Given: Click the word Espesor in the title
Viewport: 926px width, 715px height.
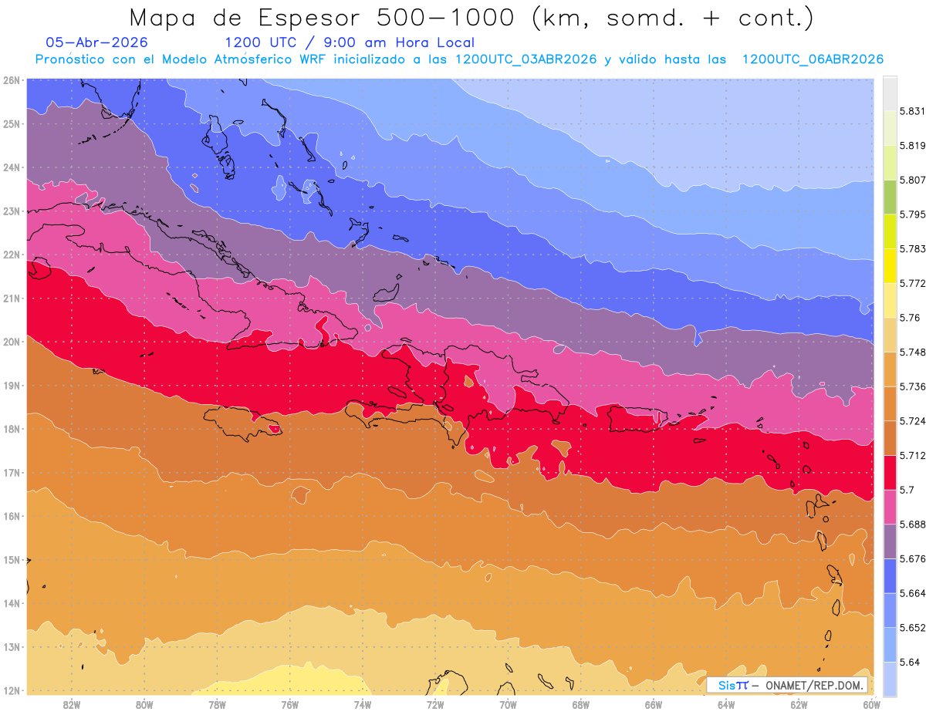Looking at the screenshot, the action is click(x=309, y=19).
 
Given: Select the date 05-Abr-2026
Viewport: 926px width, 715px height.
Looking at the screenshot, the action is click(x=96, y=42).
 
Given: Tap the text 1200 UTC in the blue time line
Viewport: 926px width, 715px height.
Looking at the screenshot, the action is click(x=260, y=42).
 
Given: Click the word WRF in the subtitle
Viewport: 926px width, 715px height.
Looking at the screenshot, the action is click(x=313, y=59).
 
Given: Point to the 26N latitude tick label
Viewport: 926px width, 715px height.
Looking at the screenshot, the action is click(x=11, y=80).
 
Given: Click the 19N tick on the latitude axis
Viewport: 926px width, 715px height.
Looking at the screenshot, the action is click(x=11, y=386).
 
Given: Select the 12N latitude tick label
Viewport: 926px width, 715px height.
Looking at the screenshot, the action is click(x=11, y=690).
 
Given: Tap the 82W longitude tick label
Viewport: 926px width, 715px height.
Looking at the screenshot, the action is click(x=72, y=705).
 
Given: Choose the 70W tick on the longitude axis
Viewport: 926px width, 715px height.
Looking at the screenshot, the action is click(x=508, y=705).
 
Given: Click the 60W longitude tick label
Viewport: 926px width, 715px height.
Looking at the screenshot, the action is click(x=871, y=705).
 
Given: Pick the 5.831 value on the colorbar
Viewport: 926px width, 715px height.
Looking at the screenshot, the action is click(x=912, y=111).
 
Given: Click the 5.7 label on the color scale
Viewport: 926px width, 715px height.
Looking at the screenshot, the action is click(x=907, y=490).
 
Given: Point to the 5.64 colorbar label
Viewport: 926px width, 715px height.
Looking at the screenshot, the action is click(x=909, y=663).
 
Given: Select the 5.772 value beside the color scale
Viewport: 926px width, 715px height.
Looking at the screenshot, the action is click(x=912, y=283).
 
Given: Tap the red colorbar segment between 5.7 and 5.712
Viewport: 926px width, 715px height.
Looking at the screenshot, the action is click(x=890, y=473).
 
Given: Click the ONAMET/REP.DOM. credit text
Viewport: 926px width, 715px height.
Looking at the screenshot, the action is click(x=814, y=686).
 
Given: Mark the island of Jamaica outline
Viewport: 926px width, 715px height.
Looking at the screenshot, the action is click(x=243, y=423).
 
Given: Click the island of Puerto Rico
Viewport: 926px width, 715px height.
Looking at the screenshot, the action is click(x=638, y=419).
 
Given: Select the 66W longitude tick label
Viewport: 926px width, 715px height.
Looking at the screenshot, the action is click(x=653, y=705).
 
